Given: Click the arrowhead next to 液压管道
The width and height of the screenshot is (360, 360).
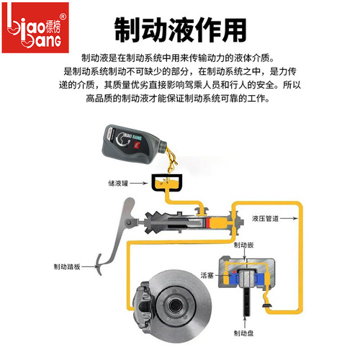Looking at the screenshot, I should pyautogui.click(x=247, y=218).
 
